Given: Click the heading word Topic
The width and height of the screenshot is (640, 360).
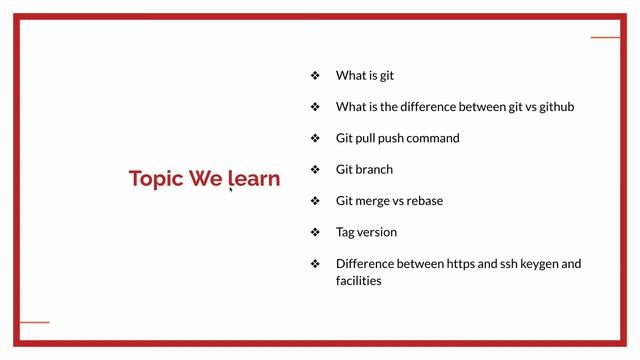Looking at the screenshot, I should point(155,179).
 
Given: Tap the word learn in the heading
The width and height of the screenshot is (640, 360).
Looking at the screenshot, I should point(255,179).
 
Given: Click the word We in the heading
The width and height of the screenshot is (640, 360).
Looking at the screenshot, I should point(207,179).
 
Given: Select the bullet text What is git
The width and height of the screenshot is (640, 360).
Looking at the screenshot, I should point(365,75).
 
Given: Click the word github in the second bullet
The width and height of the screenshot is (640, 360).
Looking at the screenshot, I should point(552,106).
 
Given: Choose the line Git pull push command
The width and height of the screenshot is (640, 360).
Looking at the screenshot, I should point(397,138).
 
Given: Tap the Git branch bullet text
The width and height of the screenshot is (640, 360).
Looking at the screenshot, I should point(364,169).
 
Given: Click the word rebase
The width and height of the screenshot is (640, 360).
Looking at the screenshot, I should point(424,201).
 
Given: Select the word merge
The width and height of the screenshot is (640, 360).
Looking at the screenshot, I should point(373,201).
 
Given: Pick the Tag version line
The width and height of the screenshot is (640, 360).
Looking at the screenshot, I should point(366,232).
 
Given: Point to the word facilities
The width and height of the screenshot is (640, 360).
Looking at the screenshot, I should point(358,281).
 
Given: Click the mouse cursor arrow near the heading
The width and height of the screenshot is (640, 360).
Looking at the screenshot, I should point(231,186).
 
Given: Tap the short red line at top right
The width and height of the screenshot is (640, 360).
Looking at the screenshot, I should point(605,37).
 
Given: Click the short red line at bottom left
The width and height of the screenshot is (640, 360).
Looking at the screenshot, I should point(34,322).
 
